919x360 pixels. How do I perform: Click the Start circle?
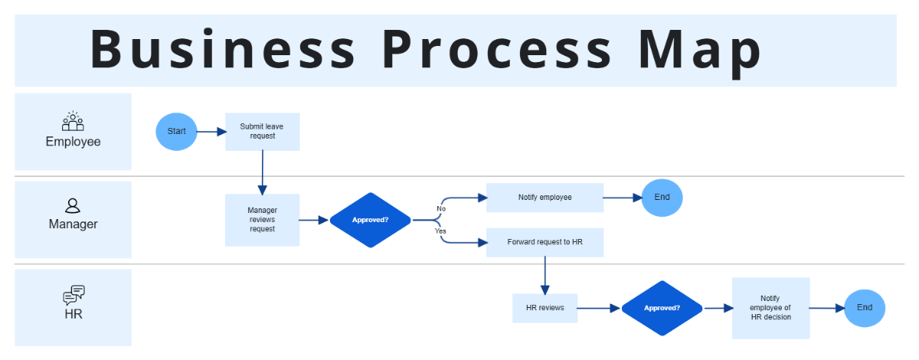coord(176,131)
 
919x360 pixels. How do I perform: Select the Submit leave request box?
coord(262,131)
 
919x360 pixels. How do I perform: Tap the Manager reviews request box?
coord(262,219)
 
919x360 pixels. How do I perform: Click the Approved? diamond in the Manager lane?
coord(370,220)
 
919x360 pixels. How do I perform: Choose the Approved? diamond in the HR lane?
coord(662,308)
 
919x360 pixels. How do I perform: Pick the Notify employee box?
coord(545,197)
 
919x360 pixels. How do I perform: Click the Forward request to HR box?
coord(545,242)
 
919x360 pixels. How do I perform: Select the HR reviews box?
coord(545,308)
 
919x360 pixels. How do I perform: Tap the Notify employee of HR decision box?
coord(770,308)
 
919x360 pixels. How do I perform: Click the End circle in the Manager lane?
coord(662,197)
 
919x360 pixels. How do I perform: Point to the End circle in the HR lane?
coord(864,308)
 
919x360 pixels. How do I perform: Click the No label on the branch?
coord(441,208)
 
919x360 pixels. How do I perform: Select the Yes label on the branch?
coord(440,231)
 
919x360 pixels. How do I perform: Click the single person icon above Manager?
coord(73,205)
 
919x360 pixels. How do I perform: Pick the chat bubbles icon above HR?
coord(74,295)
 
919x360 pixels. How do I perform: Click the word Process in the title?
coord(497,50)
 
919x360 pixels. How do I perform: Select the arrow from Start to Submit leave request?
coord(211,132)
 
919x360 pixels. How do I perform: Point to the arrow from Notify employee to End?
coord(622,198)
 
